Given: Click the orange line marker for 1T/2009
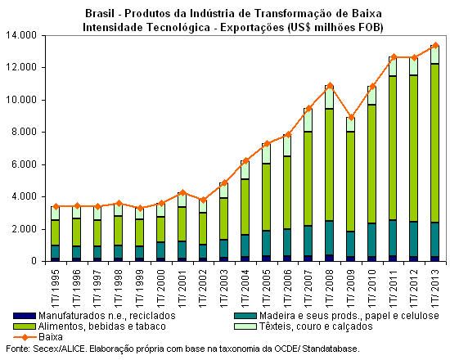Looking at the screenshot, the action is pos(351,118).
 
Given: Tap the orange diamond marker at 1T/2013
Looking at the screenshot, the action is pos(435,45).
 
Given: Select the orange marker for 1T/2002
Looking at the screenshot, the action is pos(203,200).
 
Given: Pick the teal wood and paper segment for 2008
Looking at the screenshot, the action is pos(330,238).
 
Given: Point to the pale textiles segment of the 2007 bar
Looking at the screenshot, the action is pos(308,120).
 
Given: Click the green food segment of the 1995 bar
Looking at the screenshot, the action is pos(55,233).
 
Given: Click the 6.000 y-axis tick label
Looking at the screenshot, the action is pos(24,164).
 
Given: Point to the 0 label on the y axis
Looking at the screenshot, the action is pos(34,261).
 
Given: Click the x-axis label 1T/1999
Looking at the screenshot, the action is pos(139,289).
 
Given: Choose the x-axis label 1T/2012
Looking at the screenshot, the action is pos(414,289).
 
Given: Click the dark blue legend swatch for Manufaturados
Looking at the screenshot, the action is pos(25,316).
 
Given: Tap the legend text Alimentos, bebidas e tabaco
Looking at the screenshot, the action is pos(102,326).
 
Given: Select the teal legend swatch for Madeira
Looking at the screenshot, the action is pos(245,316).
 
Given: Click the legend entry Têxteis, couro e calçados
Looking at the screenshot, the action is pos(316,326).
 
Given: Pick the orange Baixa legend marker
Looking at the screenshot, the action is pos(25,337).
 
